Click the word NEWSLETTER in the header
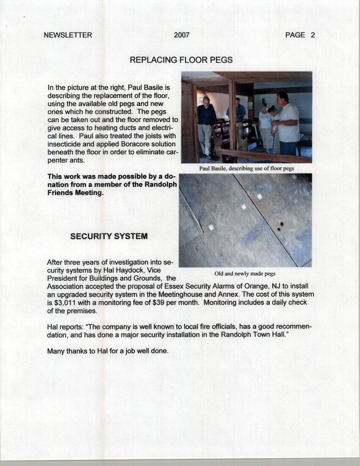[x=68, y=35]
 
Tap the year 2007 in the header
[x=182, y=35]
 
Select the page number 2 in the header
[x=313, y=35]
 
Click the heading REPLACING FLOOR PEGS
[x=181, y=60]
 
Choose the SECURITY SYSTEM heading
[x=109, y=236]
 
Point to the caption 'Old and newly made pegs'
[x=245, y=274]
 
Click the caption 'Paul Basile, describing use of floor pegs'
[x=247, y=168]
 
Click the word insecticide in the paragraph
[x=65, y=144]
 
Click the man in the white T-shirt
[x=288, y=122]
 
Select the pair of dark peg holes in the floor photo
[x=280, y=226]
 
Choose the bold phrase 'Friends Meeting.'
[x=76, y=193]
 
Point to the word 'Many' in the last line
[x=55, y=351]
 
